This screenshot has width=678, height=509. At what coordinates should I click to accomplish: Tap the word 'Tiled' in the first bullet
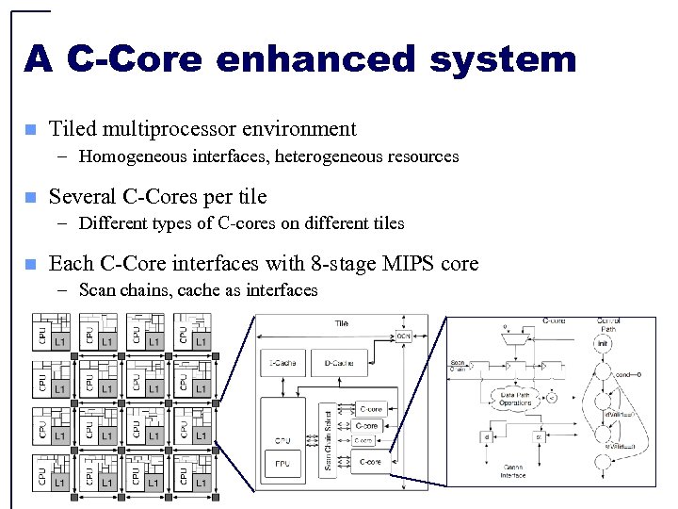[72, 129]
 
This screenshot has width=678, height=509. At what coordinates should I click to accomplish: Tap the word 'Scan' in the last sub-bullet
[98, 290]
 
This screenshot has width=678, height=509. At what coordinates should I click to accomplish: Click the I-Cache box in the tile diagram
[283, 362]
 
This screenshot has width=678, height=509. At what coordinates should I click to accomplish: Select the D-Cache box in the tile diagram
[339, 362]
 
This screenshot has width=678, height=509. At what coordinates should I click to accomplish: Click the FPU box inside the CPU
[283, 463]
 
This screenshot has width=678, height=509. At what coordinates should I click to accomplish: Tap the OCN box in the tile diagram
[403, 336]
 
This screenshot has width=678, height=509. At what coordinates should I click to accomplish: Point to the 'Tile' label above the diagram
[341, 323]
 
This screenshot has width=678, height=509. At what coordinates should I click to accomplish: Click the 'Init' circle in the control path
[602, 343]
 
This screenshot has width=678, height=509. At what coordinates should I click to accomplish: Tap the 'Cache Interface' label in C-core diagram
[513, 471]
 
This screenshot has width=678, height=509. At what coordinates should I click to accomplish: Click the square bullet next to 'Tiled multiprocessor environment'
[29, 129]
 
